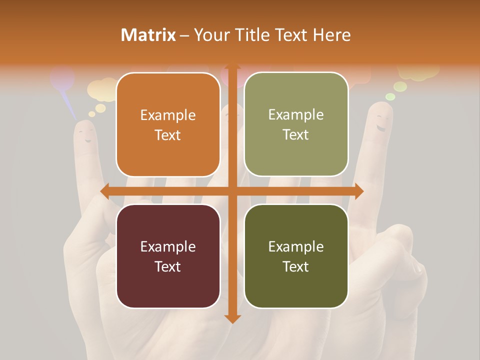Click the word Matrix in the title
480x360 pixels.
pyautogui.click(x=148, y=35)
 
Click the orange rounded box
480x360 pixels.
pyautogui.click(x=168, y=125)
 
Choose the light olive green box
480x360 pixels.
pyautogui.click(x=296, y=124)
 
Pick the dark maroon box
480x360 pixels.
pyautogui.click(x=168, y=256)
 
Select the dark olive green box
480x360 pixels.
pyautogui.click(x=296, y=256)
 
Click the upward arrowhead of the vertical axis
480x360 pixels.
pyautogui.click(x=232, y=68)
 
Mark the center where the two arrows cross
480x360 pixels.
pyautogui.click(x=232, y=191)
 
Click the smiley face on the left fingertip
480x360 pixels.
pyautogui.click(x=86, y=133)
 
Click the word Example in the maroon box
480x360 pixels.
pyautogui.click(x=168, y=246)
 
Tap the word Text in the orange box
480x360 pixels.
pyautogui.click(x=168, y=135)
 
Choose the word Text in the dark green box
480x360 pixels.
pyautogui.click(x=296, y=266)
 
